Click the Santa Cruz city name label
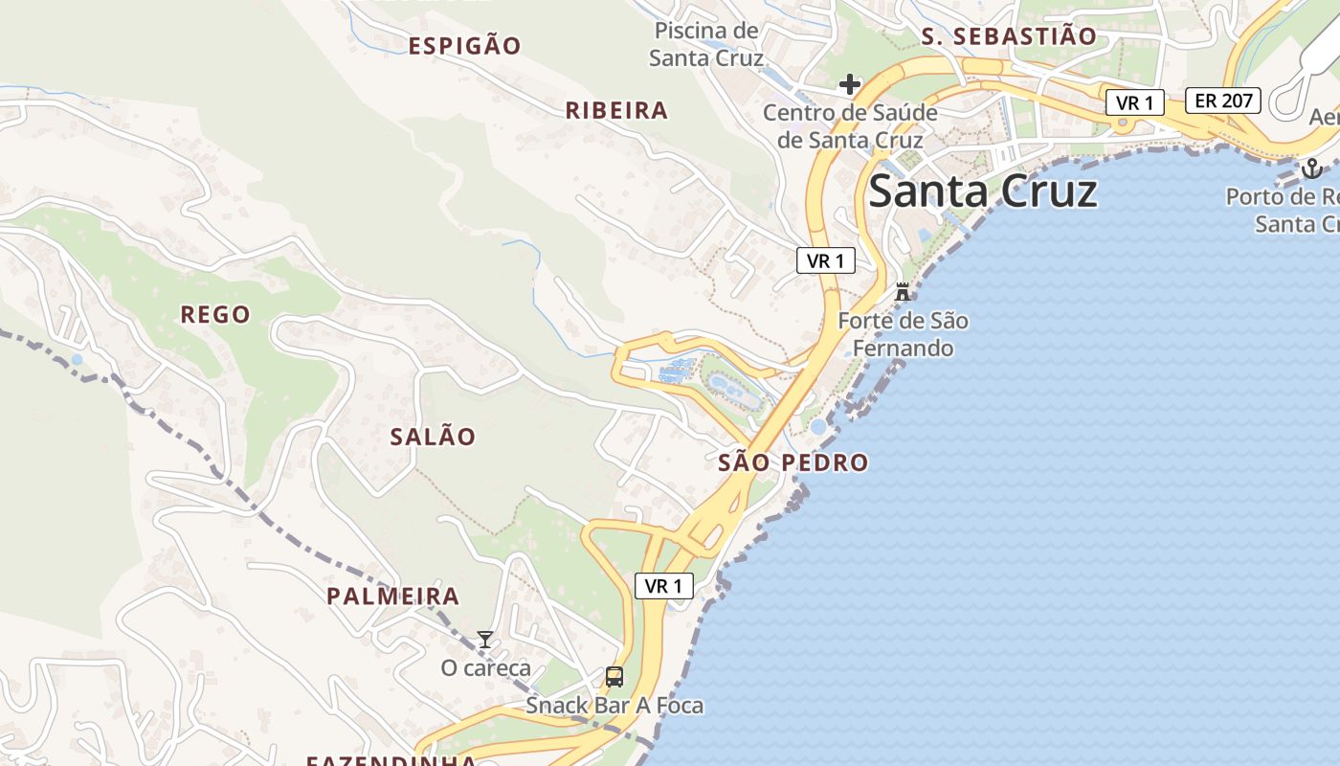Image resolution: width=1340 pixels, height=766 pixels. pyautogui.click(x=982, y=191)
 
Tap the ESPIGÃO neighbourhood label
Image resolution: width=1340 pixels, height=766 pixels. pyautogui.click(x=465, y=46)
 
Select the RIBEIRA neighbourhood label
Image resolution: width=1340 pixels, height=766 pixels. pyautogui.click(x=616, y=111)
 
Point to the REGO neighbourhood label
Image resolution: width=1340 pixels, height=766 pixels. pyautogui.click(x=215, y=315)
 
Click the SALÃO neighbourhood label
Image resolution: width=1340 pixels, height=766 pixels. pyautogui.click(x=433, y=437)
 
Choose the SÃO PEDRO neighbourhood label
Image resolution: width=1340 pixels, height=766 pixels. pyautogui.click(x=793, y=463)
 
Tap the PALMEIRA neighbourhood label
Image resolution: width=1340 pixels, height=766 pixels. pyautogui.click(x=393, y=597)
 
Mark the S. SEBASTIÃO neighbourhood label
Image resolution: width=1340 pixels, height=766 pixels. pyautogui.click(x=1009, y=37)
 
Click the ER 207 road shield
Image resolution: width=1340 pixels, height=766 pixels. pyautogui.click(x=1223, y=100)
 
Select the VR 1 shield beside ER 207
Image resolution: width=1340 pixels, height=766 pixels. pyautogui.click(x=1135, y=102)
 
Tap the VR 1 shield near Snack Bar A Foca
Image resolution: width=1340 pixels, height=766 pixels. pyautogui.click(x=664, y=586)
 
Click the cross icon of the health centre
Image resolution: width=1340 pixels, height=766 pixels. pyautogui.click(x=849, y=85)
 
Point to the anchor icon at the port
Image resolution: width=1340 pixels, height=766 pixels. pyautogui.click(x=1311, y=169)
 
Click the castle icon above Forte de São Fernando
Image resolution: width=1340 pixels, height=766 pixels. pyautogui.click(x=902, y=292)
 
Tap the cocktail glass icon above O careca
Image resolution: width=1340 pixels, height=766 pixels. pyautogui.click(x=485, y=640)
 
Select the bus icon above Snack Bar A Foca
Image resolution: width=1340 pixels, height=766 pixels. pyautogui.click(x=614, y=677)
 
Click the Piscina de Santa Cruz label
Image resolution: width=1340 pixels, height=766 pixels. pyautogui.click(x=706, y=44)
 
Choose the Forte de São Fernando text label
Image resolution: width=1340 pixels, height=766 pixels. pyautogui.click(x=903, y=334)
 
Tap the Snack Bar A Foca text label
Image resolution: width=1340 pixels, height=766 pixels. pyautogui.click(x=614, y=707)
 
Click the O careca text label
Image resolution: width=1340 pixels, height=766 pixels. pyautogui.click(x=485, y=668)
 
